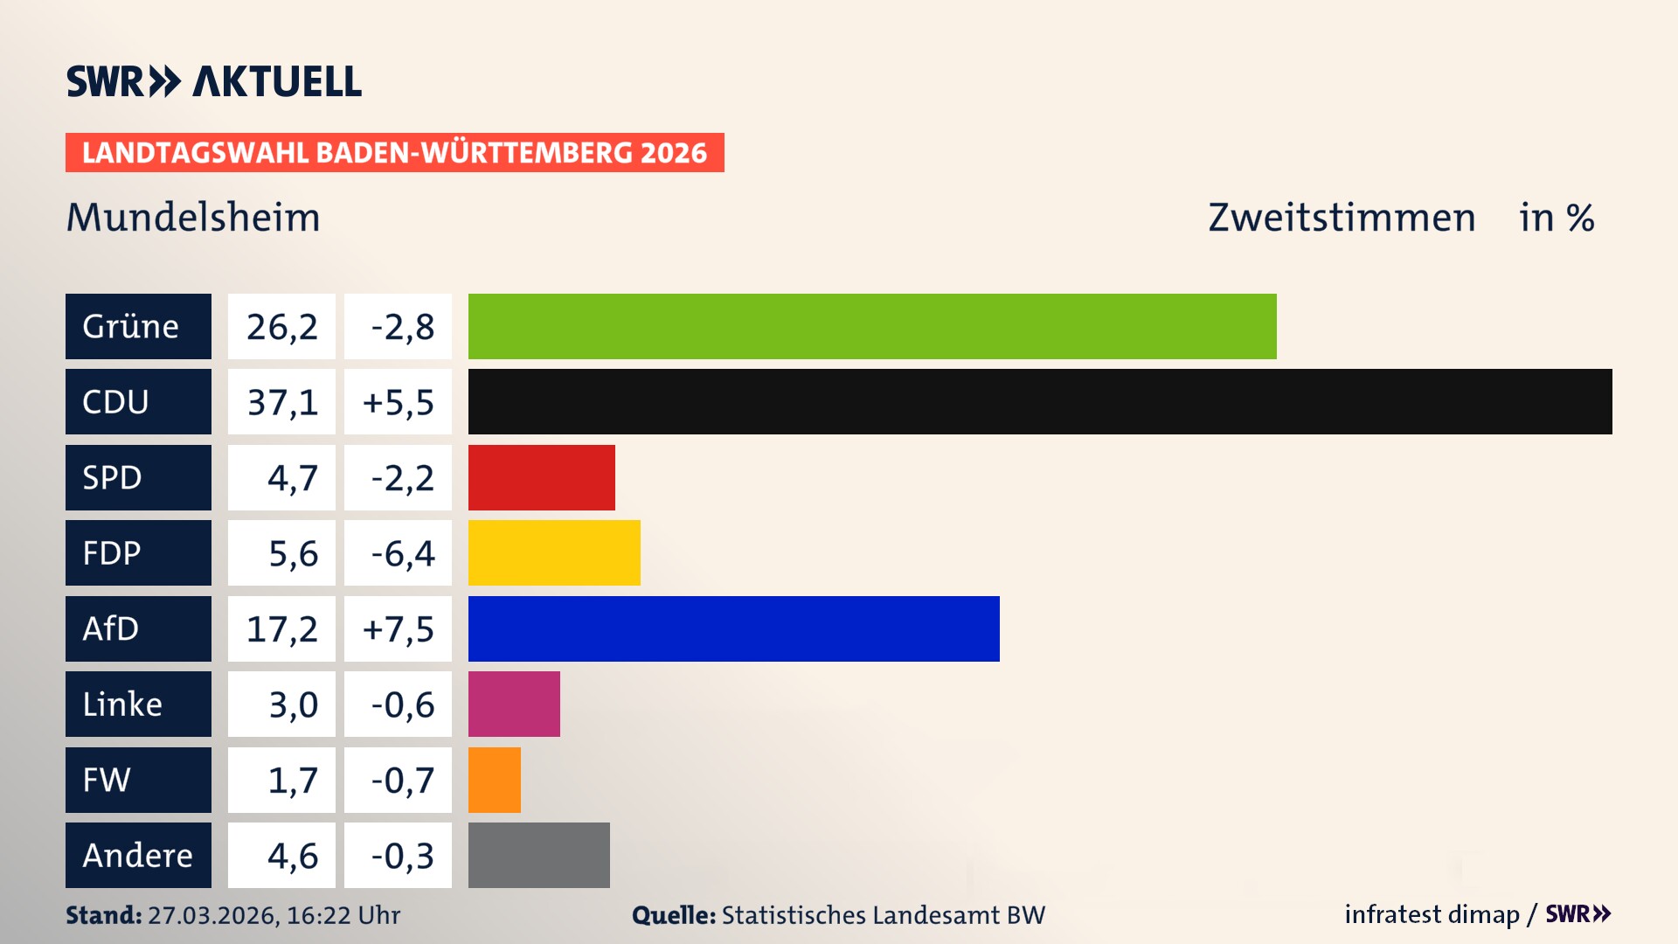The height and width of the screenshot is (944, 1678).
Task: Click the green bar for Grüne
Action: coord(872,326)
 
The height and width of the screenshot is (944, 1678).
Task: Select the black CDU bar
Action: coord(1040,401)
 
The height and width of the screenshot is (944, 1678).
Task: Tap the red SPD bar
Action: coord(541,477)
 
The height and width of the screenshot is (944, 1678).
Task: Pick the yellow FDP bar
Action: coord(554,552)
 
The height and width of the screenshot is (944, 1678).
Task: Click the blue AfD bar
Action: coord(733,628)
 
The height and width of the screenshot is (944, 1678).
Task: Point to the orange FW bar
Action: coord(494,780)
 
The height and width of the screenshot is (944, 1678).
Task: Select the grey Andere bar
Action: coord(538,855)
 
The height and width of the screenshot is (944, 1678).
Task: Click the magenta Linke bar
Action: coord(514,704)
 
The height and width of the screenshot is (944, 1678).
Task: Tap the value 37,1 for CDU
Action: coord(281,402)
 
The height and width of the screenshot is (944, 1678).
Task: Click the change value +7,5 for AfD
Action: coord(398,629)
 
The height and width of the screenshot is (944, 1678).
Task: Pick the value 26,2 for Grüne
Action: coord(281,327)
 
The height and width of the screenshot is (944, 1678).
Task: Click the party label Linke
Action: coord(122,705)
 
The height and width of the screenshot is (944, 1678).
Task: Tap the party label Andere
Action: coord(137,855)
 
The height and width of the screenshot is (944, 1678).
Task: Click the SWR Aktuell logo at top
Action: coord(213,81)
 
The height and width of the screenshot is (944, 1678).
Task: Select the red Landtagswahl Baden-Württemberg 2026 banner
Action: coord(394,153)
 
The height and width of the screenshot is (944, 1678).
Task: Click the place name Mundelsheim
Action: coord(193,218)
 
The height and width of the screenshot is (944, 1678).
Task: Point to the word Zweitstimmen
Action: coord(1342,218)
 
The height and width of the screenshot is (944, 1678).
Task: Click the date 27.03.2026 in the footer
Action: coord(211,915)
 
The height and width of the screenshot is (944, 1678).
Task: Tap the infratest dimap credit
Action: coord(1431,914)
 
